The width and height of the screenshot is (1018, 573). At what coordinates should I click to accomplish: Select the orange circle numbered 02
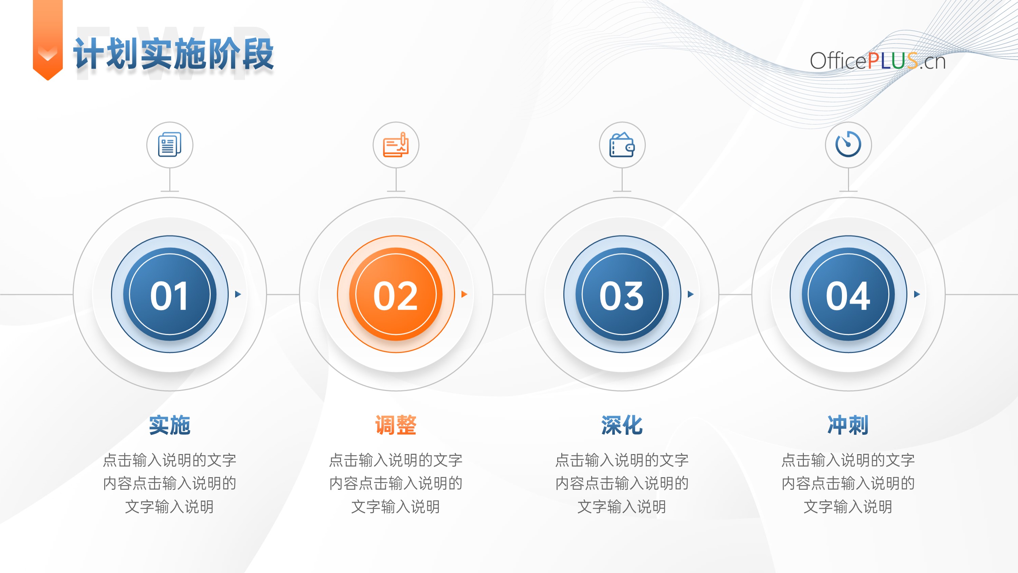click(396, 294)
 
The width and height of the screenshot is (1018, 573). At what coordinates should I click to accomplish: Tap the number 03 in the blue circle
click(622, 296)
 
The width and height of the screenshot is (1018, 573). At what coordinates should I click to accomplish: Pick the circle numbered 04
click(848, 294)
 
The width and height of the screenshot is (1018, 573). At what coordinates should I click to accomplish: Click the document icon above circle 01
click(170, 144)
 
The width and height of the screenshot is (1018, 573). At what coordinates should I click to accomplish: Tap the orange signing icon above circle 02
click(396, 144)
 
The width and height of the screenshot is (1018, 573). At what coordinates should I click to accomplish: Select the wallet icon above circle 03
click(622, 144)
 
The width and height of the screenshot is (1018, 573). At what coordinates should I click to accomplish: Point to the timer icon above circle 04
click(848, 144)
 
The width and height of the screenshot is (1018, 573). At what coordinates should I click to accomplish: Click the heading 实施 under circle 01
click(170, 425)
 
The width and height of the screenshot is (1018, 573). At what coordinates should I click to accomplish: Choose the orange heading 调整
click(396, 425)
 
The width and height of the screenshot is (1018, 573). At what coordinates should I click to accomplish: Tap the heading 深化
click(622, 425)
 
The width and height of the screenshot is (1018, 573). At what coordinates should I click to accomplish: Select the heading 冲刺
click(848, 425)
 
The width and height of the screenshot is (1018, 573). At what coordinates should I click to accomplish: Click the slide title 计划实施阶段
click(173, 54)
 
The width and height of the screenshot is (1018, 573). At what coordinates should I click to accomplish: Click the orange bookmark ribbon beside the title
click(48, 39)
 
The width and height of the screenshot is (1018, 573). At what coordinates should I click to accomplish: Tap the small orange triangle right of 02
click(464, 294)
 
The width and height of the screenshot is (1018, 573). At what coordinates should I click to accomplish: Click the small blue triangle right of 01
click(238, 294)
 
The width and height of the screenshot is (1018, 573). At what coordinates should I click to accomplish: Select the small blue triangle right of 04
click(917, 294)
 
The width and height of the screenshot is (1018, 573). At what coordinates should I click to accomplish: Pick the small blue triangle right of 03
click(691, 294)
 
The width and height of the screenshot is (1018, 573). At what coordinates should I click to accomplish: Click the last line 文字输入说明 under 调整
click(396, 506)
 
